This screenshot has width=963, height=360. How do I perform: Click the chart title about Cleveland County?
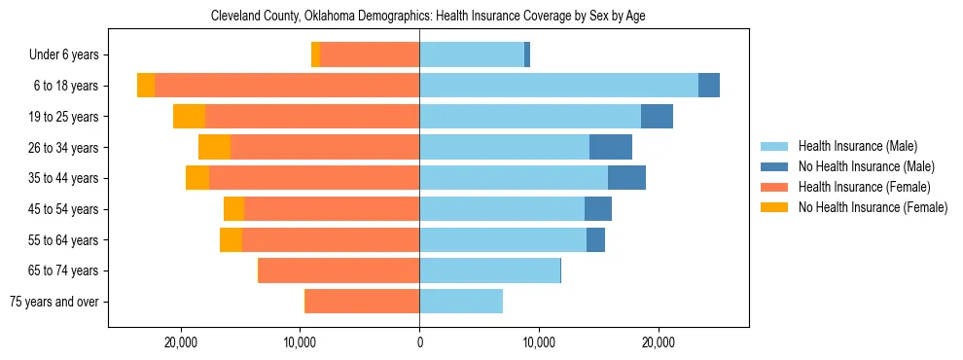point(428,17)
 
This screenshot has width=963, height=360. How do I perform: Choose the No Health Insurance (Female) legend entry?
point(873,207)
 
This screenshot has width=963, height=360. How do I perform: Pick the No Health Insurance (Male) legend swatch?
point(775,166)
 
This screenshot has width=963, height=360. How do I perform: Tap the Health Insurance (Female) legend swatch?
point(775,187)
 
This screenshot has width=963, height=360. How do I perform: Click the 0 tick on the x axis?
point(419,342)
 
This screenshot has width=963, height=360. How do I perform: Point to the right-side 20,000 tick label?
point(659,342)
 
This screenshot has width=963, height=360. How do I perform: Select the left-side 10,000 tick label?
point(301,342)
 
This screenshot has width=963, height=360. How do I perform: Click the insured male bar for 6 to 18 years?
point(558,86)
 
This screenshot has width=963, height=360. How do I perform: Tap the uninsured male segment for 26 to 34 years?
point(611,147)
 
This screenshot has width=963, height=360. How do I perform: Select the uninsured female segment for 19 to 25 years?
point(189,117)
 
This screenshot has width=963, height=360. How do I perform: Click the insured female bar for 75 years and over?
point(362,302)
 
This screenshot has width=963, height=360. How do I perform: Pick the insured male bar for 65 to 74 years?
point(489,270)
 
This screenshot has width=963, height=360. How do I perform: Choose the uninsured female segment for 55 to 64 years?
point(231,239)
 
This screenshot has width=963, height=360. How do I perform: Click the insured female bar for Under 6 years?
point(370,55)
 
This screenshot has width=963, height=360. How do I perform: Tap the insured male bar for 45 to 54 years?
point(502,209)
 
